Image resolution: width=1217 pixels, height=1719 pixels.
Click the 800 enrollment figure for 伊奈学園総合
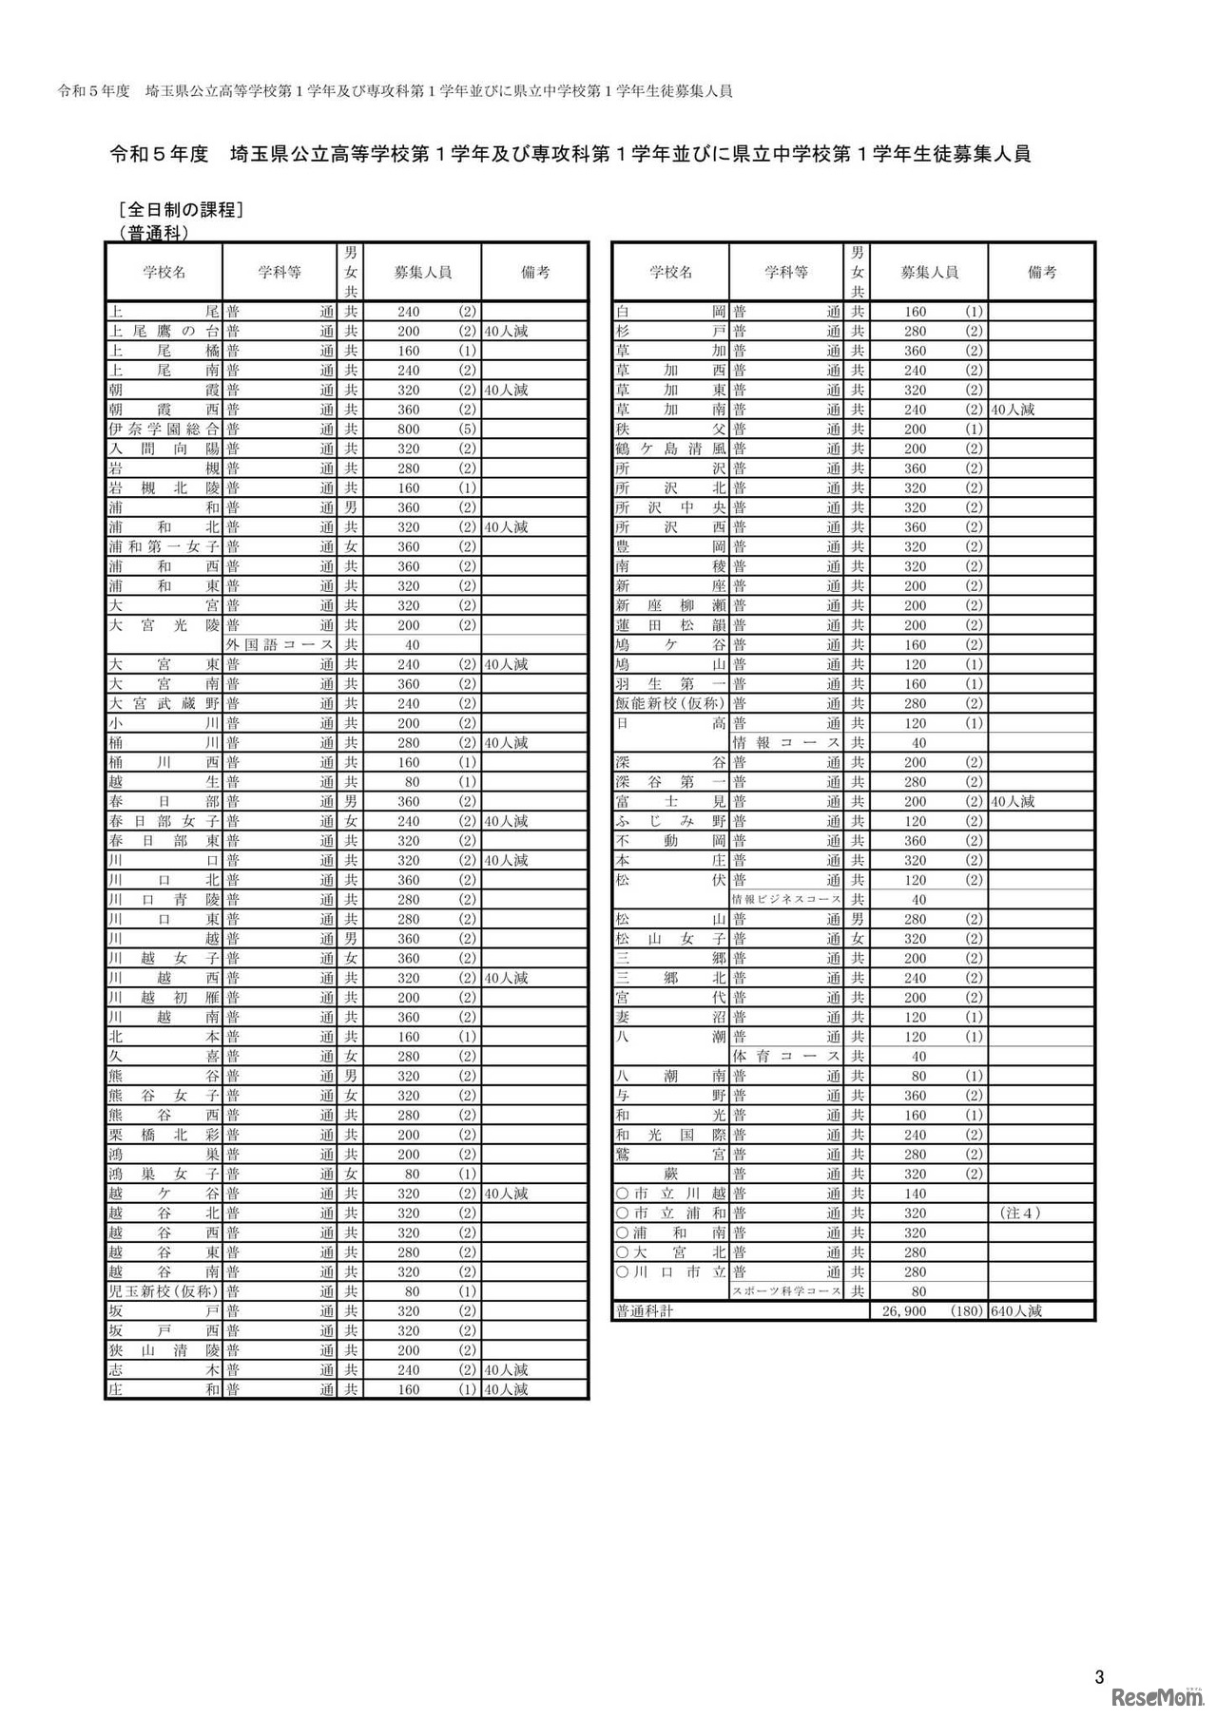coord(408,430)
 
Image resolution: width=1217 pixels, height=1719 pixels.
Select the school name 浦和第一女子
coord(164,547)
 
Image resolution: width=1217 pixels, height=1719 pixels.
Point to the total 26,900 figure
coord(905,1311)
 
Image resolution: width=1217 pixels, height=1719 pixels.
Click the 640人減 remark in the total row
coord(1016,1311)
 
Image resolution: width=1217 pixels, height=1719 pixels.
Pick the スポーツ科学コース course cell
coord(786,1291)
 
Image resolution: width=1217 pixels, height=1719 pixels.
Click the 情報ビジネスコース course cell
coord(786,900)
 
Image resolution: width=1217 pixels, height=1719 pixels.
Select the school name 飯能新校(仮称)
coord(670,704)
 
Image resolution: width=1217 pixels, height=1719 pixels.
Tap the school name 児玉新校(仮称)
coord(164,1291)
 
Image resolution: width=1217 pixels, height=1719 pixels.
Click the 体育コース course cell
coord(786,1057)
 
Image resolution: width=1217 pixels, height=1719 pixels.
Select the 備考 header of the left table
coord(535,273)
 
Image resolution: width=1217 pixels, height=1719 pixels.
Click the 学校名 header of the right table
coord(670,273)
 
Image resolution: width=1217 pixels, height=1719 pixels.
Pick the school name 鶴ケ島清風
coord(670,449)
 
